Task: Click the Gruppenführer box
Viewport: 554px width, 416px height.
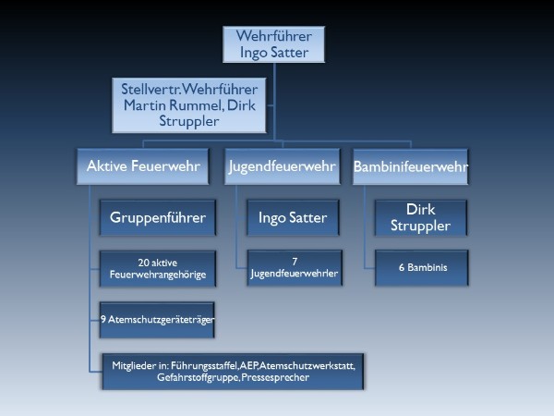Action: pos(157,218)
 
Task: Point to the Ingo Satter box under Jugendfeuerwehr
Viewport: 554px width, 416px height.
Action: pos(292,218)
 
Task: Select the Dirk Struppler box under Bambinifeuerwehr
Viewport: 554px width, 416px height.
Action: pos(420,218)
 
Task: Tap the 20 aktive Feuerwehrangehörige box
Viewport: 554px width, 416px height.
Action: pos(157,268)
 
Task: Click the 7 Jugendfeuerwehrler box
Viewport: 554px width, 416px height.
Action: pos(292,268)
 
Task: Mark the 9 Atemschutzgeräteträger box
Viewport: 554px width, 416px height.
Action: pos(157,319)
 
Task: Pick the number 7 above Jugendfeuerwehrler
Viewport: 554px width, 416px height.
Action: pos(292,262)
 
